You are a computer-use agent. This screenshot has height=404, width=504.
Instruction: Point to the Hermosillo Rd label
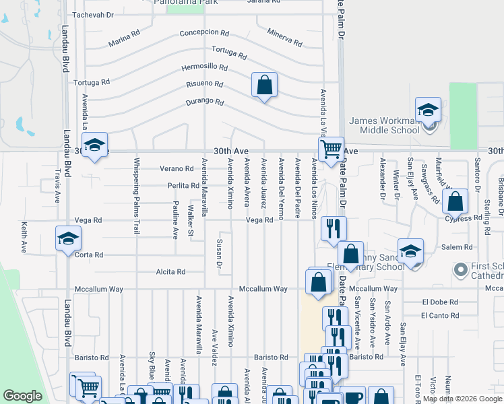pyautogui.click(x=204, y=68)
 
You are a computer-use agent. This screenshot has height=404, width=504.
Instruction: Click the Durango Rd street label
pyautogui.click(x=205, y=102)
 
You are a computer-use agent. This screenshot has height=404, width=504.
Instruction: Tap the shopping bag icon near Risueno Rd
pyautogui.click(x=264, y=86)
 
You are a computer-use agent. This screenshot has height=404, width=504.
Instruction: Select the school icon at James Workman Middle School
pyautogui.click(x=427, y=110)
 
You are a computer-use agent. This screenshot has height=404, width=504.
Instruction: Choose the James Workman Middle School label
pyautogui.click(x=384, y=125)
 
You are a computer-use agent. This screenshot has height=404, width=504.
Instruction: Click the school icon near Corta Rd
pyautogui.click(x=68, y=238)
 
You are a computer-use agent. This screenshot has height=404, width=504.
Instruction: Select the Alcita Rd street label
pyautogui.click(x=171, y=272)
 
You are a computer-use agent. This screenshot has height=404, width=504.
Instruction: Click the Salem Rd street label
pyautogui.click(x=451, y=247)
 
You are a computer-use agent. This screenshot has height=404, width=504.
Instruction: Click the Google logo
pyautogui.click(x=22, y=396)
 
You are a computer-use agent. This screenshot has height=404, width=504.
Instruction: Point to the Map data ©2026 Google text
pyautogui.click(x=462, y=399)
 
